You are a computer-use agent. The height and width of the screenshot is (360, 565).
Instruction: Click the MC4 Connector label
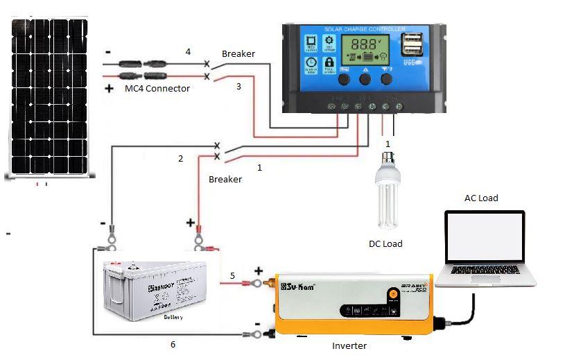point(157,89)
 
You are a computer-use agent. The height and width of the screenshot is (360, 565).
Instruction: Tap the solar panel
point(49,97)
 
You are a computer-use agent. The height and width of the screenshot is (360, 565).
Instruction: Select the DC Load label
point(385,243)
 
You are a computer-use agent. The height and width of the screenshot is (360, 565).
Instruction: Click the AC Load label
point(481,198)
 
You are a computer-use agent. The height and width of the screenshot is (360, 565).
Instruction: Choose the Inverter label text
point(349,345)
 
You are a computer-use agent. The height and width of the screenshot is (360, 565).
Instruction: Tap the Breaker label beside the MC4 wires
point(238,53)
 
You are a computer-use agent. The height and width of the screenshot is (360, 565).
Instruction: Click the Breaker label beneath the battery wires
point(225,179)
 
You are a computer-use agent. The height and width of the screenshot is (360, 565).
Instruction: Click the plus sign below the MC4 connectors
point(109,89)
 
